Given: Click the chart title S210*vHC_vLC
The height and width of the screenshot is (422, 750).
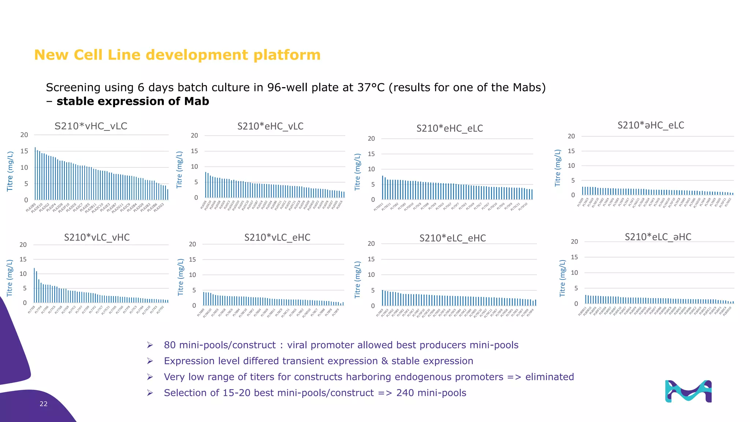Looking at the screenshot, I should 91,126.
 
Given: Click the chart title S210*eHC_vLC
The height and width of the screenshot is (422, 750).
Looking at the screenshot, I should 270,126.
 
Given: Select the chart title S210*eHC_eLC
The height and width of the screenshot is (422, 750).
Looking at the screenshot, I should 449,129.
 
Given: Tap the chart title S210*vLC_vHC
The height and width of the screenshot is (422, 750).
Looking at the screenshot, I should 97,237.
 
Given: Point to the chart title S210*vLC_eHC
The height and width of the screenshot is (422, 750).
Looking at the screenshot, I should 277,238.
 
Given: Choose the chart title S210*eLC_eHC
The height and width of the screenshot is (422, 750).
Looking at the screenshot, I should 452,238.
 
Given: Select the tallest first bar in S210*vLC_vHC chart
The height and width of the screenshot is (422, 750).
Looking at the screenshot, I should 34,285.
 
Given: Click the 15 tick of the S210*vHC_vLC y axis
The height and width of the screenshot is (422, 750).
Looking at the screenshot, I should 24,151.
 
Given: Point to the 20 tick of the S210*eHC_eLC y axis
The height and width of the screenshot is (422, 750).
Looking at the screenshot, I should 371,138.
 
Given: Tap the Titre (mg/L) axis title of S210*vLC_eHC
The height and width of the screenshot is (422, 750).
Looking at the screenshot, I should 180,277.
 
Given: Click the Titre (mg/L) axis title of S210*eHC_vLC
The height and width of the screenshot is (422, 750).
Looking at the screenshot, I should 179,170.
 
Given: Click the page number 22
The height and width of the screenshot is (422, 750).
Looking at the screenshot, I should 44,404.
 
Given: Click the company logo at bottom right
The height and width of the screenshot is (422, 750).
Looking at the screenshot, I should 688,391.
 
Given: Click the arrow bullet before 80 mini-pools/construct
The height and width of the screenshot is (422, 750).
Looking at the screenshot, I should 150,345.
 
